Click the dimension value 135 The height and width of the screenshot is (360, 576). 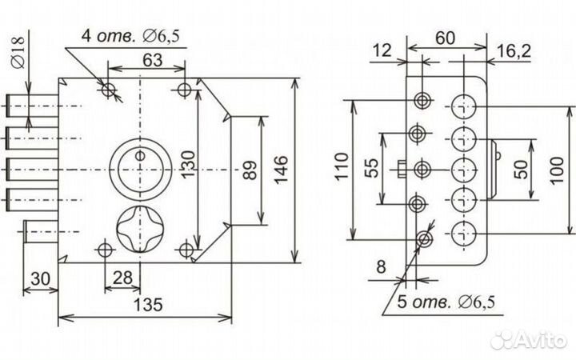[x=148, y=305]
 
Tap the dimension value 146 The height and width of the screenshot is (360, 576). [x=282, y=170]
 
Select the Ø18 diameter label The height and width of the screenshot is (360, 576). [x=18, y=53]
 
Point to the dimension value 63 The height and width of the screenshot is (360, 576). [x=153, y=60]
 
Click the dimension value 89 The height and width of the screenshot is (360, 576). [x=251, y=170]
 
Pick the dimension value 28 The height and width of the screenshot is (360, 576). [x=122, y=278]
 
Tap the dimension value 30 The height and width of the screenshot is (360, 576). [x=40, y=279]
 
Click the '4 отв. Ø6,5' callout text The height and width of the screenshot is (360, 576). [x=130, y=36]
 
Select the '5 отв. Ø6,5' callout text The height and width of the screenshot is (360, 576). [x=446, y=302]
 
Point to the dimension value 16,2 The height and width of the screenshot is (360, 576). [x=514, y=50]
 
